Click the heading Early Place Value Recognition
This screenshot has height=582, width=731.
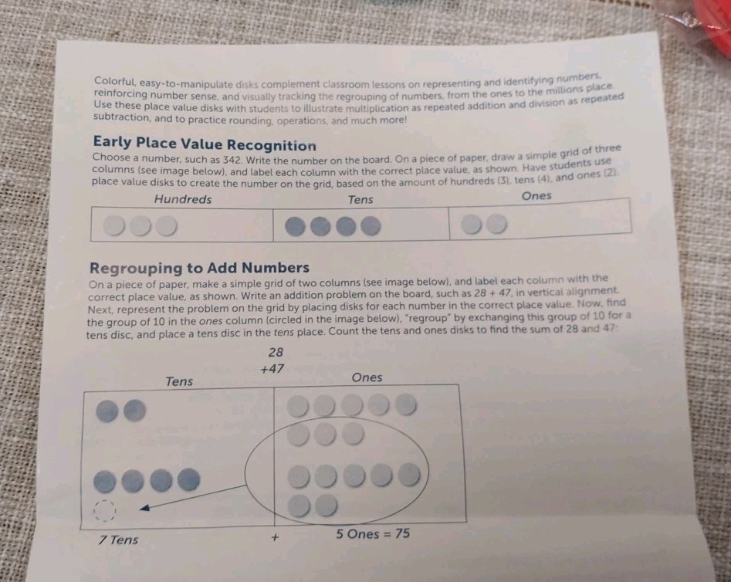tap(205, 144)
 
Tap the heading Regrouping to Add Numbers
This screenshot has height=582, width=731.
tap(199, 268)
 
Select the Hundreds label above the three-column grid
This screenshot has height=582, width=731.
tap(183, 199)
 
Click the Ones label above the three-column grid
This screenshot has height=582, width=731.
tap(536, 195)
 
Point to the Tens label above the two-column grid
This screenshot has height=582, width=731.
tap(179, 381)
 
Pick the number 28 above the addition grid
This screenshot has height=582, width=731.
tap(276, 352)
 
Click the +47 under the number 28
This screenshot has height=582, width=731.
tap(272, 369)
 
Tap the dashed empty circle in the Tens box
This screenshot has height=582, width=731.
tap(104, 511)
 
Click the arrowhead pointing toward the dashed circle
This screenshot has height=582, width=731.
tap(145, 507)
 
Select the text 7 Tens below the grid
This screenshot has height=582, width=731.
tap(118, 540)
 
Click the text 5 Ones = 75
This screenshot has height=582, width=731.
tap(373, 533)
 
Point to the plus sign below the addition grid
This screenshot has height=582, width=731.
tap(275, 538)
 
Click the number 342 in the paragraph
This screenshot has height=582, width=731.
tap(232, 160)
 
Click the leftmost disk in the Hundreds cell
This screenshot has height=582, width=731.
tap(113, 225)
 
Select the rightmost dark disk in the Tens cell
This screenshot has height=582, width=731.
tap(371, 226)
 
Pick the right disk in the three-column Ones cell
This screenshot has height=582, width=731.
tap(496, 223)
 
